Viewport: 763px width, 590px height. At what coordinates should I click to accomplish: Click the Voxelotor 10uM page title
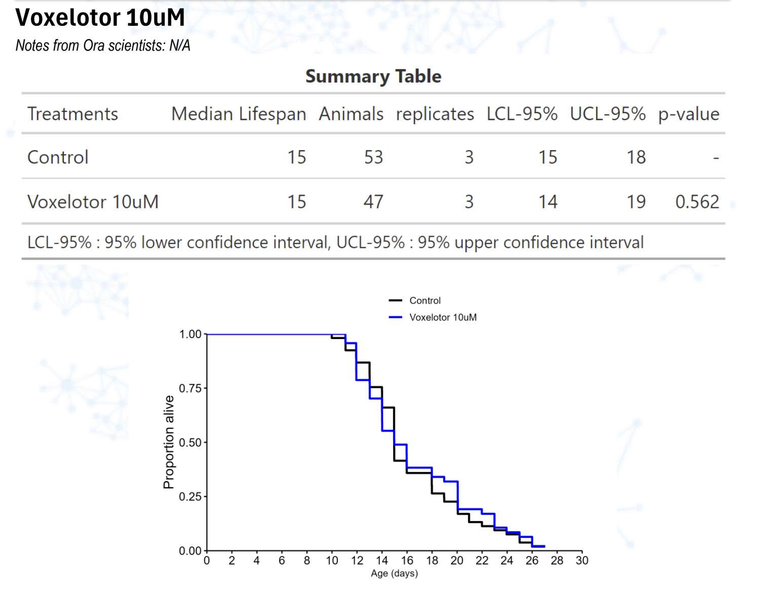[100, 18]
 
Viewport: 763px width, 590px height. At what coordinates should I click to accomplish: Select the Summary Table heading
[373, 76]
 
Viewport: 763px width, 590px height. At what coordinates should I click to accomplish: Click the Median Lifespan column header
[239, 114]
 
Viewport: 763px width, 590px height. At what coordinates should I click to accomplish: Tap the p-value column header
[689, 114]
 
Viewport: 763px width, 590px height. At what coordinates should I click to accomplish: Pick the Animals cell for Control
[373, 157]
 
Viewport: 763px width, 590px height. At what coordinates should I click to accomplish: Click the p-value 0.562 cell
[697, 202]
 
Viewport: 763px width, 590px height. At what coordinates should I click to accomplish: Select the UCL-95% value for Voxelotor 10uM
[636, 202]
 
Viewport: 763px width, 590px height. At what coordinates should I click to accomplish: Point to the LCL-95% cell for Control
[548, 157]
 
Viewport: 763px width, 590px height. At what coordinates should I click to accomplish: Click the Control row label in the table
[58, 157]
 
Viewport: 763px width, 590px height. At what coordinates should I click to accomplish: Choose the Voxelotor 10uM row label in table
[93, 202]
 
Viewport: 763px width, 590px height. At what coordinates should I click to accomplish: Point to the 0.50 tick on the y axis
[190, 442]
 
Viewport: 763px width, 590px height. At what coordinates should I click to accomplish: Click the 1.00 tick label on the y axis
[190, 334]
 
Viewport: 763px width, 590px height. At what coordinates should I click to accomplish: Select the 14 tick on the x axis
[382, 561]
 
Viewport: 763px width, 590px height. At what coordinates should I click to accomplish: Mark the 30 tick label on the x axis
[582, 561]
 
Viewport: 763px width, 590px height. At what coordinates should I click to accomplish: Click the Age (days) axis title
[394, 574]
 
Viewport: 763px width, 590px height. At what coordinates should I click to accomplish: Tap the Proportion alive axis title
[169, 442]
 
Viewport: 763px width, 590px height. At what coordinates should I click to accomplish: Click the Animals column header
[351, 114]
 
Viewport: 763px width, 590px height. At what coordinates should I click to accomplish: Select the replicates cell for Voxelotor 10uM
[469, 202]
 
